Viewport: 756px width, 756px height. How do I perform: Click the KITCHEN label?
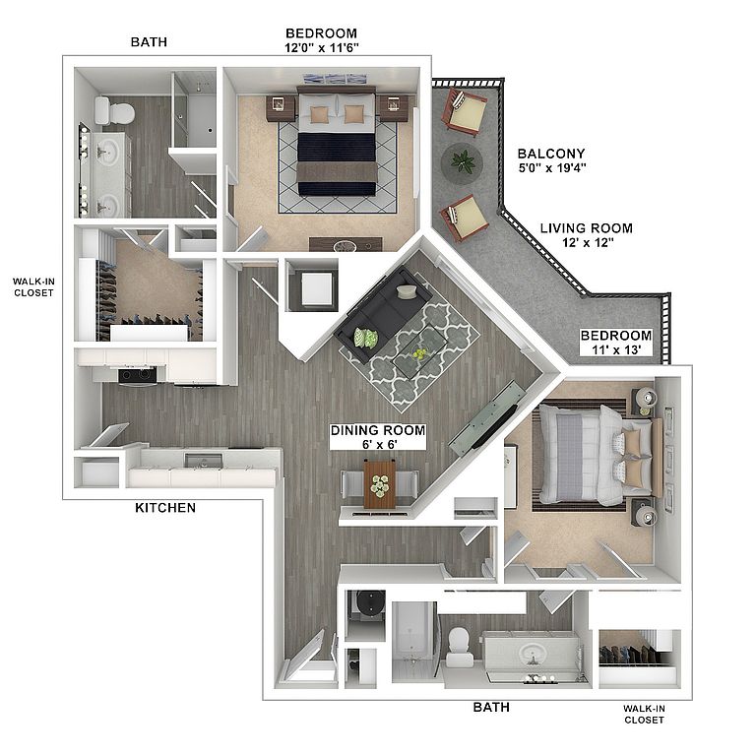coord(165,508)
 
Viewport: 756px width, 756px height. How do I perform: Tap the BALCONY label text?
coord(551,154)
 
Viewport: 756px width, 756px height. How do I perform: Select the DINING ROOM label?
coord(378,430)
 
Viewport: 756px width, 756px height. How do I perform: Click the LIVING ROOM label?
coord(587,228)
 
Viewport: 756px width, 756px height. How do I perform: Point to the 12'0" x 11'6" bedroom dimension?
coord(322,47)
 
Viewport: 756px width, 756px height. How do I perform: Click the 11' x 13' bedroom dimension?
coord(616,349)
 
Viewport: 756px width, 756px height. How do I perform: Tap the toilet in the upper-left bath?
coord(114,112)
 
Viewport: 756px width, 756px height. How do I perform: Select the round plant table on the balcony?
coord(462,162)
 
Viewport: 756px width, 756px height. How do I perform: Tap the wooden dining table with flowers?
coord(379,484)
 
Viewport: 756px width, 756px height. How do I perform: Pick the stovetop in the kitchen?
coord(138,376)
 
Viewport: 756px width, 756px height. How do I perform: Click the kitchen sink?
coord(204,461)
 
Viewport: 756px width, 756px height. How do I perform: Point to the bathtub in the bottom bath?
coord(412,640)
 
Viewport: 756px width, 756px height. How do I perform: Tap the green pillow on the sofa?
coord(366,338)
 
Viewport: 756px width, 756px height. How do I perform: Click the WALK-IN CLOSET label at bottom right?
coord(644,714)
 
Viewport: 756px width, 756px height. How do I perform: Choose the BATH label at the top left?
coord(149,42)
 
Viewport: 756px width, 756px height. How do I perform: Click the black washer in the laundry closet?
coord(369,604)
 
